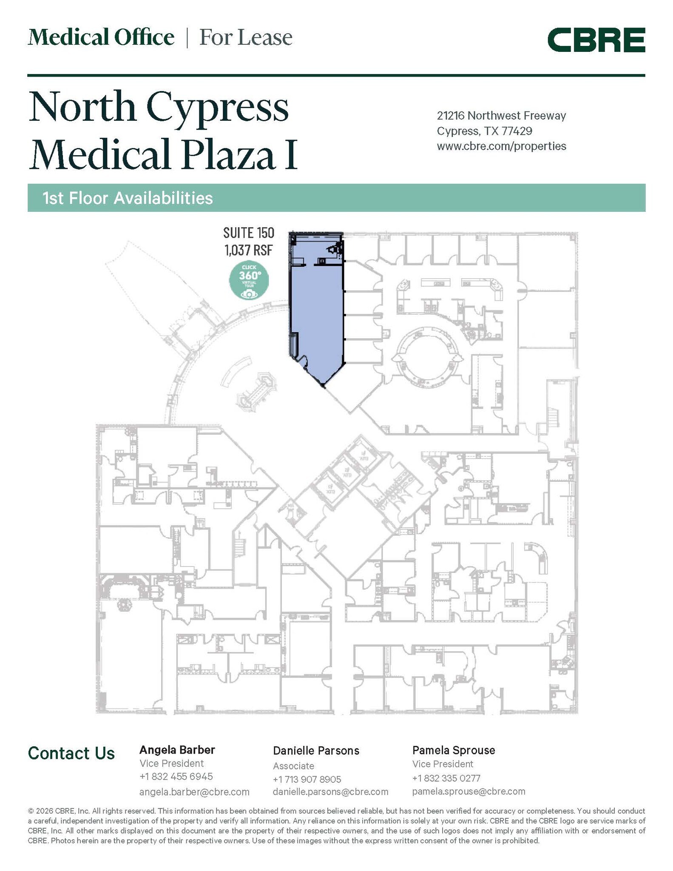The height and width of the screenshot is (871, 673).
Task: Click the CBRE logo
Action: click(x=596, y=40)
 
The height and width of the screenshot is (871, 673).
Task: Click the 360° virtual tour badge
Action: click(x=249, y=280)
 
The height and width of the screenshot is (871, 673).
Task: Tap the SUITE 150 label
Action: click(x=249, y=233)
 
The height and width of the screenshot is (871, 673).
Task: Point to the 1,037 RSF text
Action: click(x=248, y=250)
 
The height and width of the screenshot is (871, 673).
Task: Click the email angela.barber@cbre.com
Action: click(x=194, y=792)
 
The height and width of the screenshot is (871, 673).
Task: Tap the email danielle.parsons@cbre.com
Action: click(x=330, y=792)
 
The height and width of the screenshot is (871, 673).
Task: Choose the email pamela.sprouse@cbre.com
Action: click(x=469, y=791)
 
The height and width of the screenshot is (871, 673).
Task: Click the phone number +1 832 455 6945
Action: click(x=176, y=777)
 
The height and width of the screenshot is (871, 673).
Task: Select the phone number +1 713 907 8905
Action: click(x=307, y=780)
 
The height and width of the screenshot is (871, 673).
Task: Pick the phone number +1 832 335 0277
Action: click(x=446, y=778)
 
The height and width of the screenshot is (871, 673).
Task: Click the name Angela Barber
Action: click(x=177, y=750)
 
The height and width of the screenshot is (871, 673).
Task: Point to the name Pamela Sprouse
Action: click(x=454, y=750)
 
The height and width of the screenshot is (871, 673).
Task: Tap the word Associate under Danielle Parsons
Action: click(x=293, y=766)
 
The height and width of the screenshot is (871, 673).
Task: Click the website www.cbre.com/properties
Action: click(x=501, y=146)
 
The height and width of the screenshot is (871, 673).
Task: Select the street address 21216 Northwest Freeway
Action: click(x=501, y=116)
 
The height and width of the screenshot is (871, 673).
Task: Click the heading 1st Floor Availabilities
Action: click(x=128, y=198)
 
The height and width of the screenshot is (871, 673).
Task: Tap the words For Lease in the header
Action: click(x=246, y=37)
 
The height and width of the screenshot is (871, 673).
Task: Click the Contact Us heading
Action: click(x=71, y=754)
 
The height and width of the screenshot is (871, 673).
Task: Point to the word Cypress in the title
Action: click(x=218, y=107)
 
